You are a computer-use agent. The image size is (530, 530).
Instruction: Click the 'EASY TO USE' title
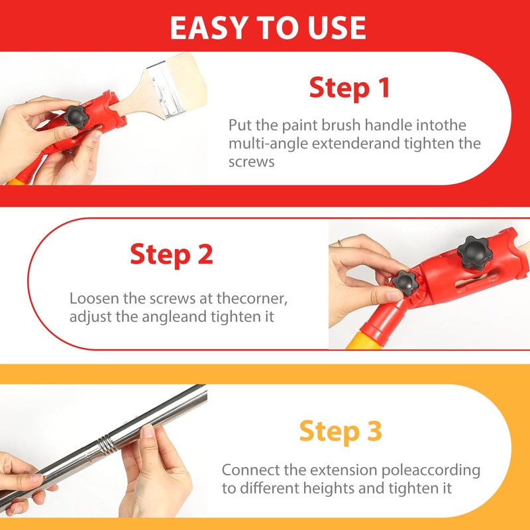pos(268,28)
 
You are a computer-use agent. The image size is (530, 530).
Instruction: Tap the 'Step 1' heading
pos(350,87)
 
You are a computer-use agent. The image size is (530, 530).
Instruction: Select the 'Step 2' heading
pos(172,254)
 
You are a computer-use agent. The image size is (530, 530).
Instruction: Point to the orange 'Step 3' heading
pos(341,431)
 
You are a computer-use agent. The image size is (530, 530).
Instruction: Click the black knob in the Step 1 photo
pos(76,117)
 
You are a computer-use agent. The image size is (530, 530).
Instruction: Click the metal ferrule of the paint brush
pos(166,91)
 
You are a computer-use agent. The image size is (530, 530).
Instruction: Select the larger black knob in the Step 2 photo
pos(474,252)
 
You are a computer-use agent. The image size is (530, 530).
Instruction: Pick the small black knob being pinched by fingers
pos(405,284)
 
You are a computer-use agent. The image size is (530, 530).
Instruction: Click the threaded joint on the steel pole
pos(107,442)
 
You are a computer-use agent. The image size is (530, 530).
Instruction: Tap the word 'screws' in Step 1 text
pos(251,162)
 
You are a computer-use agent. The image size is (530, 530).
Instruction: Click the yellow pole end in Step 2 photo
pos(362,341)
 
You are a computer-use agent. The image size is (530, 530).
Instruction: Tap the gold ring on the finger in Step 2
pos(340,243)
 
